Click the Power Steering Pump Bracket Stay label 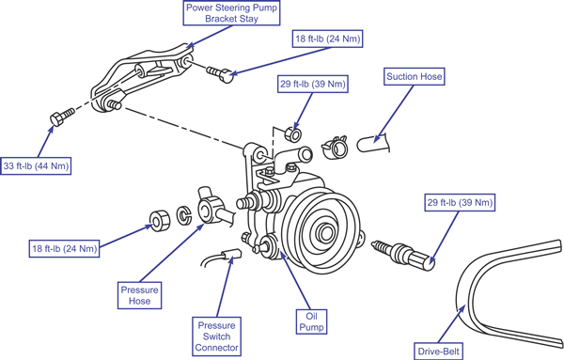click(x=231, y=13)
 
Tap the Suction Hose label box click(x=414, y=76)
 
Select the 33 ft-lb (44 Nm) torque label click(x=36, y=166)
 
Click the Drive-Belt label click(x=439, y=351)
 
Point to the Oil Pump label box click(x=311, y=321)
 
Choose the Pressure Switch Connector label click(x=216, y=337)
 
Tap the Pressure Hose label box click(x=139, y=295)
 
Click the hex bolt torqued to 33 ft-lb click(x=62, y=116)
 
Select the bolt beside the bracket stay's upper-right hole click(x=220, y=73)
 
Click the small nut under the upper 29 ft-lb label click(x=293, y=134)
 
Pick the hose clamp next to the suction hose click(x=335, y=147)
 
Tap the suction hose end click(x=372, y=143)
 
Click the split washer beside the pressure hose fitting click(x=184, y=214)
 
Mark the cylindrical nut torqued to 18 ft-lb click(x=160, y=221)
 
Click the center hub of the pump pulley click(x=326, y=233)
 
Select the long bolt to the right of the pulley click(x=404, y=253)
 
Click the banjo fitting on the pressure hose click(x=211, y=208)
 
